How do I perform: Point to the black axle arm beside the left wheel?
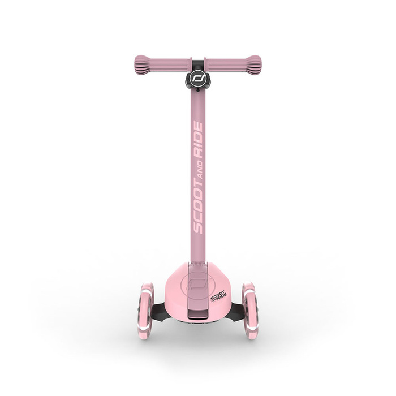(159, 310)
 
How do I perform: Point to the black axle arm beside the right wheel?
(236, 310)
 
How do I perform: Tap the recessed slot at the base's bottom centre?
(197, 314)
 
